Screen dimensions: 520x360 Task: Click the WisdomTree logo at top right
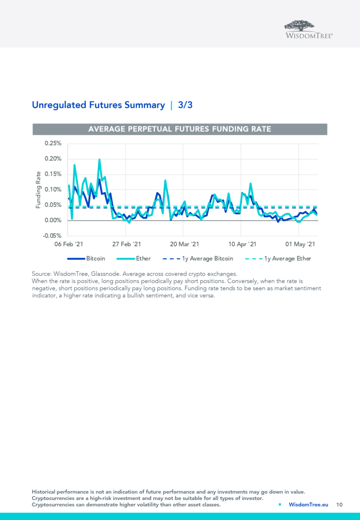click(x=310, y=29)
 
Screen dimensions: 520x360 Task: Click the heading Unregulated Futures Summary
click(x=98, y=105)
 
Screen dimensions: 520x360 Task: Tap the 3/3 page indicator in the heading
click(x=186, y=105)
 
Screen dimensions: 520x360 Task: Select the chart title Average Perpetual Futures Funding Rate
click(x=180, y=129)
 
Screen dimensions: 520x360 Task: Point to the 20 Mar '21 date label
click(x=184, y=244)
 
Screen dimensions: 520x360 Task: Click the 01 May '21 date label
click(x=299, y=244)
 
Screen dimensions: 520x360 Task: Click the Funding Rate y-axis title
click(x=39, y=189)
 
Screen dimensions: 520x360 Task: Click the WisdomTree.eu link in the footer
click(x=308, y=505)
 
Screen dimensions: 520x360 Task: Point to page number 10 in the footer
click(x=340, y=505)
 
